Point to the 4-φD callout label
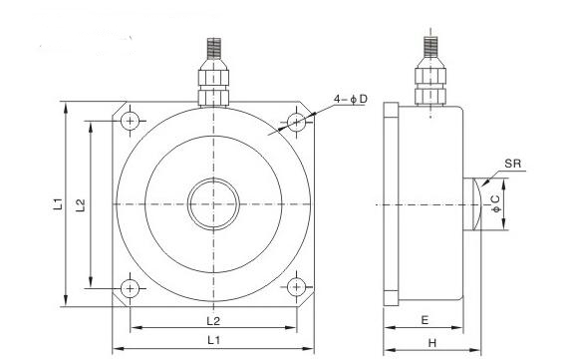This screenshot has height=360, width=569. [351, 99]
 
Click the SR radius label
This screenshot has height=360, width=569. [513, 164]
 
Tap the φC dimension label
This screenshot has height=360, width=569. [495, 204]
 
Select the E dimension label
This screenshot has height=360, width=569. [425, 320]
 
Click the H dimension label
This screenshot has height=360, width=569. [431, 343]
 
